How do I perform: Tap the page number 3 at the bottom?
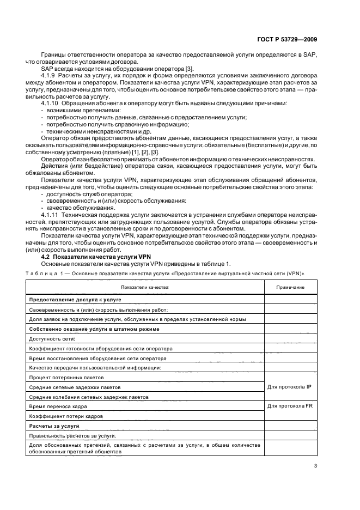(315, 465)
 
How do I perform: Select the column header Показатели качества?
(145, 287)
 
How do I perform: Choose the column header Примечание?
(290, 287)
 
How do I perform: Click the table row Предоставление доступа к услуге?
(75, 300)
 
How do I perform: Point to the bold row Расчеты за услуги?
(54, 426)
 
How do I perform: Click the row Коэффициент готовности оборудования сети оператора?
(101, 348)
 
